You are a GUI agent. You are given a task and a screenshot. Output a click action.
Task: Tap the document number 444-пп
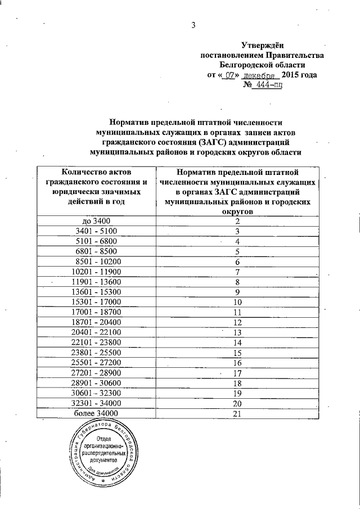click(x=266, y=85)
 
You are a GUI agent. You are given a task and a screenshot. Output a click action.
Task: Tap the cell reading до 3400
click(x=98, y=221)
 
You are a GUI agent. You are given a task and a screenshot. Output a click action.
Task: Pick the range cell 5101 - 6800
click(x=98, y=241)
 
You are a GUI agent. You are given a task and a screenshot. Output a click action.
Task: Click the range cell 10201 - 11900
click(x=98, y=272)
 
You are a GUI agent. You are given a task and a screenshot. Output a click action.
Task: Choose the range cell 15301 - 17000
click(x=98, y=302)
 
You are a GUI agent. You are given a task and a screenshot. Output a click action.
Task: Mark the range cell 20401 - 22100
click(x=98, y=332)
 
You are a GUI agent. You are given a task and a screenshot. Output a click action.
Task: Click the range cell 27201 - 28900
click(x=98, y=373)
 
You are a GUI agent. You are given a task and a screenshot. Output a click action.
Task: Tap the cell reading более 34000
click(x=98, y=414)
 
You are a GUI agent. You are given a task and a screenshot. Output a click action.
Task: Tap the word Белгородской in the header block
click(x=262, y=65)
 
